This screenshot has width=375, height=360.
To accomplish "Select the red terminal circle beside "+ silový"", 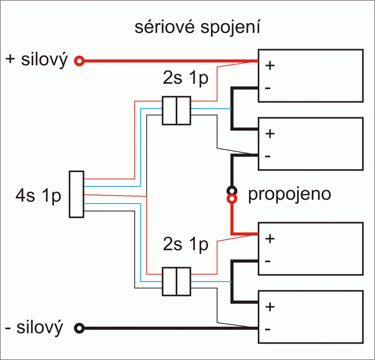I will point(80,60).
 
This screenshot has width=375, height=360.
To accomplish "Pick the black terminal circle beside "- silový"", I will point(80,328).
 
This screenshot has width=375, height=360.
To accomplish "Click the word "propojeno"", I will point(289,194).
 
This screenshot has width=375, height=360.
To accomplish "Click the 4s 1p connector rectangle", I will point(76,194).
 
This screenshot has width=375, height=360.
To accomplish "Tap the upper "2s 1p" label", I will point(185,79).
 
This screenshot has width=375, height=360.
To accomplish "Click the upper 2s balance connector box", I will point(176,111).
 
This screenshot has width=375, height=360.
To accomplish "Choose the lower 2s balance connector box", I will point(176,281).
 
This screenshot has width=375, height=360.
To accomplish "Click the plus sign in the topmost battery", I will point(270,66).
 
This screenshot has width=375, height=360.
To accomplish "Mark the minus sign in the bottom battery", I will point(267,329).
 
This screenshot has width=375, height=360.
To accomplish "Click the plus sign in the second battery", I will point(270,133).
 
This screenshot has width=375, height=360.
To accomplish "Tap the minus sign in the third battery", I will point(267,260).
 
